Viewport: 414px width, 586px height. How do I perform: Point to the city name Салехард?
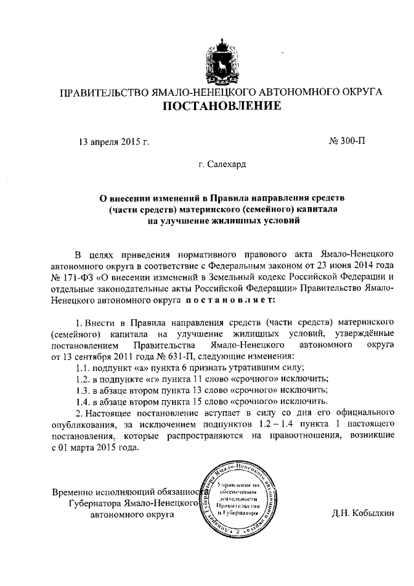click(x=227, y=165)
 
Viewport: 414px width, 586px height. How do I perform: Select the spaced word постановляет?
click(x=230, y=300)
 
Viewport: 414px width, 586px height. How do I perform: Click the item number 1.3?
click(x=83, y=390)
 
